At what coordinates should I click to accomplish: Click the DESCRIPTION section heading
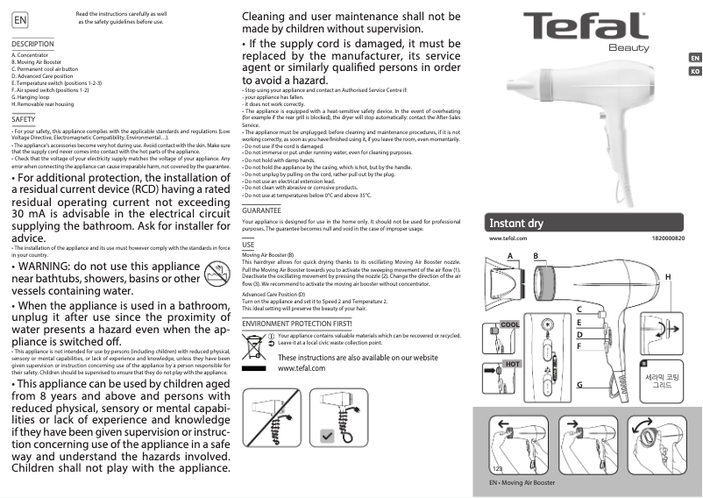[33, 44]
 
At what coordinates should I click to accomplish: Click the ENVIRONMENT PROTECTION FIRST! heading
[296, 324]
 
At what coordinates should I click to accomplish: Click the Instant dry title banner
[517, 224]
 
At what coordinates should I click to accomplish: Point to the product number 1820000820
[669, 238]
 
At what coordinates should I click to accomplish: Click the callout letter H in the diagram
[668, 276]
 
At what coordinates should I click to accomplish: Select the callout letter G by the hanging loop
[579, 385]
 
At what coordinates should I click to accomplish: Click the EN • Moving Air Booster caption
[522, 483]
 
